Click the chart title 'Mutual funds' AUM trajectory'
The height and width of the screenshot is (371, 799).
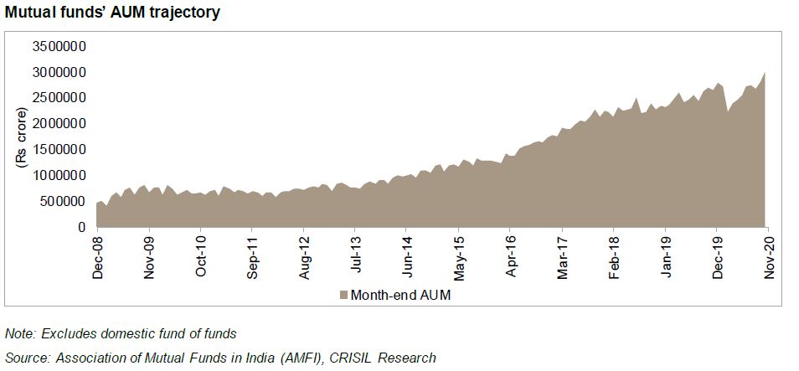pyautogui.click(x=112, y=13)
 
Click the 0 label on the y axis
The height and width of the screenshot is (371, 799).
pyautogui.click(x=82, y=227)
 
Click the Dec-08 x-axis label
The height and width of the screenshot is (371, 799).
pyautogui.click(x=99, y=255)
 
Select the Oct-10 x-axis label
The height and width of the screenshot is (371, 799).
pyautogui.click(x=202, y=255)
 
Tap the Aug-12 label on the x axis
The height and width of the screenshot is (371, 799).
pyautogui.click(x=305, y=255)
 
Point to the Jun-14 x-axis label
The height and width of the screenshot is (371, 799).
pyautogui.click(x=408, y=255)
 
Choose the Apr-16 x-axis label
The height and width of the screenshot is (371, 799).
pyautogui.click(x=511, y=255)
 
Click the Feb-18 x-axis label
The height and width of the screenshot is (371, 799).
pyautogui.click(x=614, y=255)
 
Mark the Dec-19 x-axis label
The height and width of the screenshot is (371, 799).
pyautogui.click(x=717, y=255)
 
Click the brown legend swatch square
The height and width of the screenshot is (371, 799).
pyautogui.click(x=343, y=295)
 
